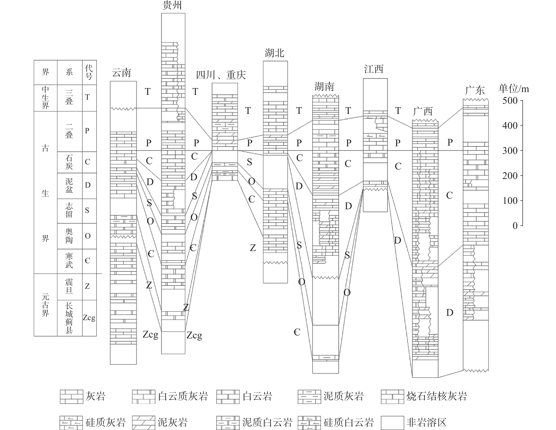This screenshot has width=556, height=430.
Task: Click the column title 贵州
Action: pyautogui.click(x=172, y=5)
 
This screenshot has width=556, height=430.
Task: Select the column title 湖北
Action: pyautogui.click(x=275, y=53)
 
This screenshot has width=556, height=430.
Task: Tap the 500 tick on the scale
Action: pyautogui.click(x=510, y=101)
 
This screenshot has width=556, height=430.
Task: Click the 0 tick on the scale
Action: pyautogui.click(x=515, y=226)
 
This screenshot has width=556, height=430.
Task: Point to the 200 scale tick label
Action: pyautogui.click(x=510, y=176)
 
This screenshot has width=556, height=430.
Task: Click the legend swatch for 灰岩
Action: pyautogui.click(x=72, y=397)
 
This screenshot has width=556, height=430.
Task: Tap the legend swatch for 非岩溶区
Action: pyautogui.click(x=392, y=423)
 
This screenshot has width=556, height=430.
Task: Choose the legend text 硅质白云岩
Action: pyautogui.click(x=348, y=423)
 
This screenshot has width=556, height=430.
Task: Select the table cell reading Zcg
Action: pyautogui.click(x=89, y=318)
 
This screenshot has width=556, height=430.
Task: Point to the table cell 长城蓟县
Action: pyautogui.click(x=69, y=318)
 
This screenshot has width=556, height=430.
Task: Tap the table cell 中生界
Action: pyautogui.click(x=45, y=98)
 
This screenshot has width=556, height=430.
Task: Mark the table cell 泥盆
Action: pyautogui.click(x=69, y=186)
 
